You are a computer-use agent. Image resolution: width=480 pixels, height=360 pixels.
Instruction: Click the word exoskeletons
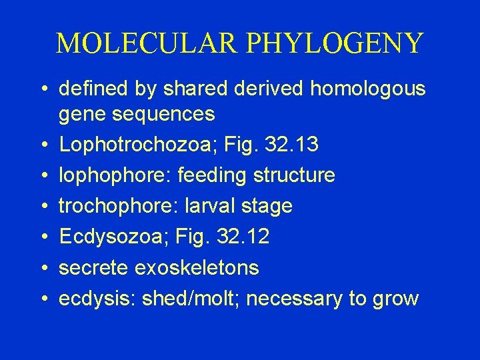197,267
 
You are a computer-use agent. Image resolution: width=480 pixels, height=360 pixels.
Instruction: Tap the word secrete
94,267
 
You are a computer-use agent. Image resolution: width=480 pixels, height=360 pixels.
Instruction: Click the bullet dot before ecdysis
42,298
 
